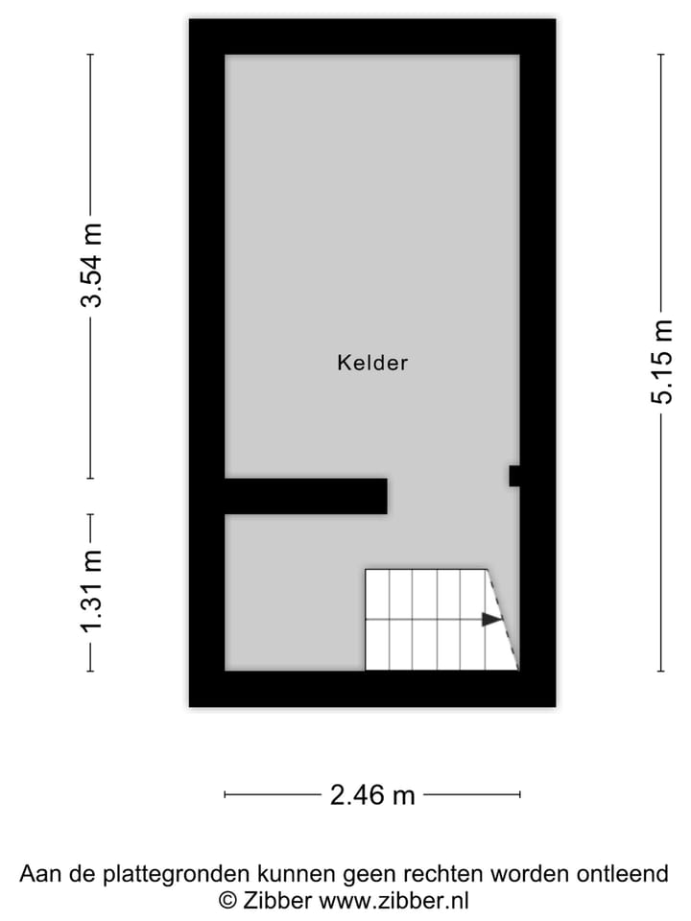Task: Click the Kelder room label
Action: tap(372, 363)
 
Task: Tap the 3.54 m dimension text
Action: tap(92, 265)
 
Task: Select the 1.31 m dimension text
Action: tap(92, 593)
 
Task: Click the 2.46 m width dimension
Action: tap(372, 795)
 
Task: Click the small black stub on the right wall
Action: tap(514, 476)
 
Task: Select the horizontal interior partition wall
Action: tap(305, 496)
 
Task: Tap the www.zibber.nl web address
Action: tap(393, 901)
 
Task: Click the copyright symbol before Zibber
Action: tap(228, 901)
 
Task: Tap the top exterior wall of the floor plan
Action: tap(372, 36)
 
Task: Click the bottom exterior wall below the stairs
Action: tap(441, 689)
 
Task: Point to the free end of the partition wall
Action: tap(382, 496)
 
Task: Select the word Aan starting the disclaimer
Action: tap(39, 875)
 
